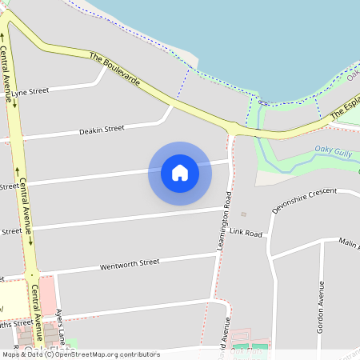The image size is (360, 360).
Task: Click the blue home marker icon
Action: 180,173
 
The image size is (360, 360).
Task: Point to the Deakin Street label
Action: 102,129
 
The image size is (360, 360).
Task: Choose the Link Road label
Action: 246,233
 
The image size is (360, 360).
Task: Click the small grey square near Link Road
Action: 244,214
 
